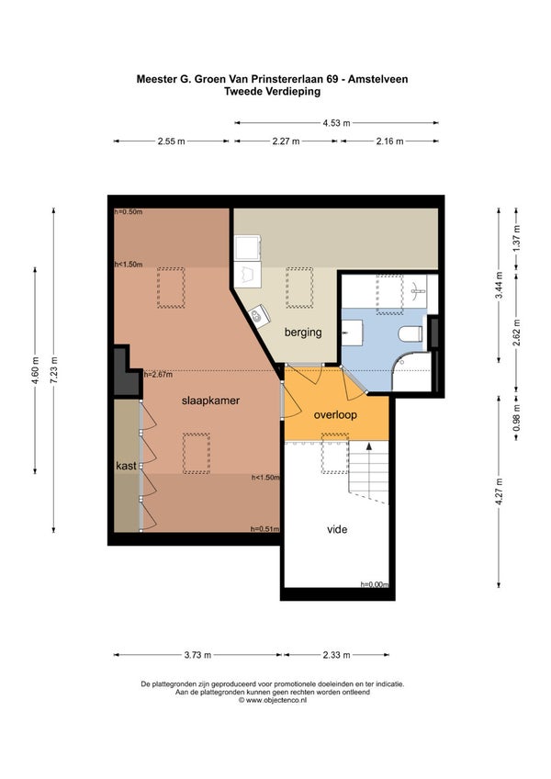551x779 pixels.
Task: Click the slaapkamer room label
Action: [210, 401]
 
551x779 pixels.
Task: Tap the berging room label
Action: [303, 333]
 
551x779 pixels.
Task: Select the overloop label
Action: [335, 415]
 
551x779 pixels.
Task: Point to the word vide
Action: [337, 530]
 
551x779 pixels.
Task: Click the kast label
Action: [126, 466]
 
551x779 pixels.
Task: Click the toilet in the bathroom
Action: [410, 333]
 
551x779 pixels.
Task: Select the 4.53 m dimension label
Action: [336, 123]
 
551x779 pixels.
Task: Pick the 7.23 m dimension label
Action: [53, 370]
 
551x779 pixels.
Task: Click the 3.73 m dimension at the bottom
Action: [197, 655]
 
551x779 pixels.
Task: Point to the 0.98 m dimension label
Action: [516, 417]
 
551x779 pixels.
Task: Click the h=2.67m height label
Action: [158, 375]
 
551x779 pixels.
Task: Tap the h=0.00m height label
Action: [375, 585]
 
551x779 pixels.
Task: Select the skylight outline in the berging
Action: [299, 288]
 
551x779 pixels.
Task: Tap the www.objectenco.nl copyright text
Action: [272, 700]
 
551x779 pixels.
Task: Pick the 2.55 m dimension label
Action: [172, 141]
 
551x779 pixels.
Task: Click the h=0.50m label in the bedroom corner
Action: [129, 212]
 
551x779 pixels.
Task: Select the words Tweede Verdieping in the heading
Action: [272, 92]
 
